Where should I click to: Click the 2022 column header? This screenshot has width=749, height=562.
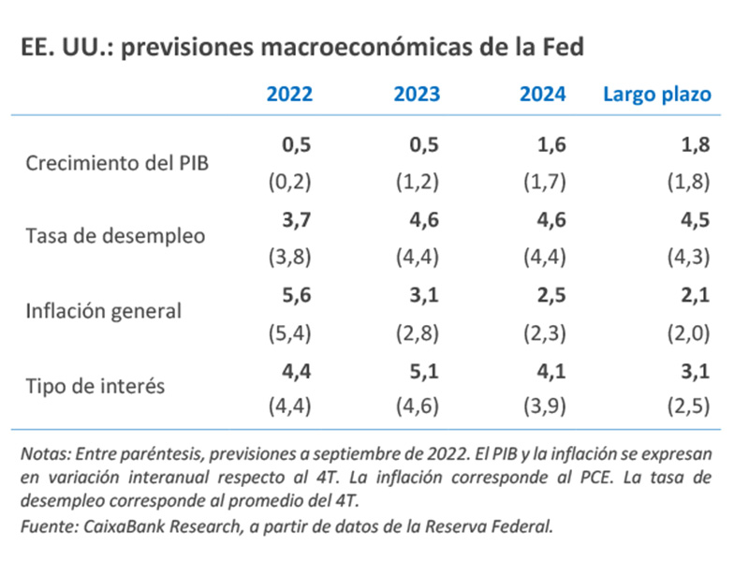[290, 95]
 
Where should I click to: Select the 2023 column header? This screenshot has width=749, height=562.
[417, 95]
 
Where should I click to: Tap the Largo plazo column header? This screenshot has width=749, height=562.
[656, 95]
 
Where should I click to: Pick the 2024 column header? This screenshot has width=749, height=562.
[543, 95]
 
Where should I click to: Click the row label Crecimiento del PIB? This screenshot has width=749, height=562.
[117, 162]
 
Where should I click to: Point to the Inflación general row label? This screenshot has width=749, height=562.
[104, 309]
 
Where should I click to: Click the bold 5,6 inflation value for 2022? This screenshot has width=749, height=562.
[296, 294]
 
